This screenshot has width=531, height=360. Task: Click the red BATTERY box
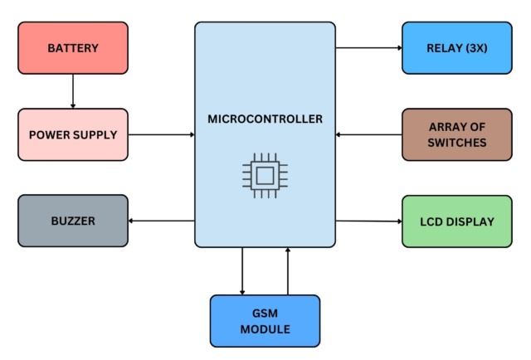[x=73, y=48]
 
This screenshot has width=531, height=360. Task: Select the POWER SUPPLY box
[x=73, y=134]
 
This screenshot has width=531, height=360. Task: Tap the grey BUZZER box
[x=73, y=221]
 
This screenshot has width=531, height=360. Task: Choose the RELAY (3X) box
[x=457, y=48]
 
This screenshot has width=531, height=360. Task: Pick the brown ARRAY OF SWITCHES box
[x=457, y=134]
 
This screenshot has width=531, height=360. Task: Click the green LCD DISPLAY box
[x=457, y=221]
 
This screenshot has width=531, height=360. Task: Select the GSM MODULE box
[x=265, y=321]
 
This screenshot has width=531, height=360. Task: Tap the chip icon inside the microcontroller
[x=265, y=174]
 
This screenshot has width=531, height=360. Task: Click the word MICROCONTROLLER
[x=265, y=119]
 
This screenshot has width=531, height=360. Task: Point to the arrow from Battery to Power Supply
[x=73, y=91]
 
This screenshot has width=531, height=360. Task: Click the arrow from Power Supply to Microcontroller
[x=162, y=134]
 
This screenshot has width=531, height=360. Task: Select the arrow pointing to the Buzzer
[x=162, y=221]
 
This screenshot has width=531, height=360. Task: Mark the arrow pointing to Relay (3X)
[x=368, y=48]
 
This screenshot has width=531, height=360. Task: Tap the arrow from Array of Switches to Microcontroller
[x=368, y=134]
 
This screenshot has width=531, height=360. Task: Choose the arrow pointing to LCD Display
[x=368, y=221]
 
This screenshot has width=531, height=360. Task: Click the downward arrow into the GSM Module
[x=242, y=270]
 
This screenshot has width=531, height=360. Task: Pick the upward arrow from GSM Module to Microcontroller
[x=288, y=270]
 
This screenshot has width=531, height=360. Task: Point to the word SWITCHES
[x=457, y=143]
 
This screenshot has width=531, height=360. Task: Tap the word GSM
[x=265, y=314]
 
